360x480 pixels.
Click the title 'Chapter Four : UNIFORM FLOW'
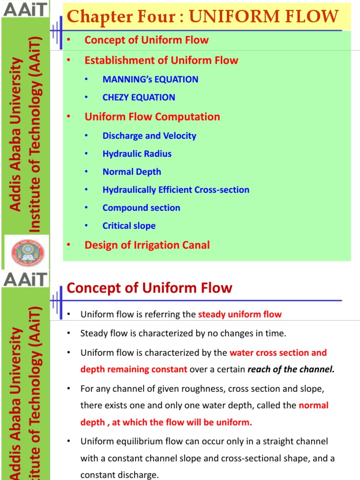(x=202, y=17)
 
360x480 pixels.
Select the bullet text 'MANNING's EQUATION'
(x=150, y=79)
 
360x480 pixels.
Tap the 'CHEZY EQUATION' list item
(x=139, y=97)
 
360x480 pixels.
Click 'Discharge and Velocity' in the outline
(x=149, y=136)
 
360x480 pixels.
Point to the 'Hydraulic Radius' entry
(x=137, y=154)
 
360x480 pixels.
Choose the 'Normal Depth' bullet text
(x=132, y=172)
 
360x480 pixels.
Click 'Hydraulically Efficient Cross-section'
(x=176, y=190)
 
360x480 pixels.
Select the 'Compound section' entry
(x=141, y=208)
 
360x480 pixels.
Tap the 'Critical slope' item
(x=129, y=226)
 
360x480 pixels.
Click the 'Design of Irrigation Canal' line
(x=147, y=245)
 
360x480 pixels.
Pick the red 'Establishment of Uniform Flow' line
(x=161, y=60)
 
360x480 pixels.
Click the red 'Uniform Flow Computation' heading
(x=152, y=117)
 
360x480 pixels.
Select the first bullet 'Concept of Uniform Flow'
(x=146, y=40)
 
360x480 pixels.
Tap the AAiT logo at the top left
(x=25, y=8)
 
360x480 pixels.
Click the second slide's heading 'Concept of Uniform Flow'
(x=149, y=288)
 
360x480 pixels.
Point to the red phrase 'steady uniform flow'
(x=240, y=315)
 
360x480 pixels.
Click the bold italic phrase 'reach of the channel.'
(x=291, y=369)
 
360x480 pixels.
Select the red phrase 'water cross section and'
(x=278, y=353)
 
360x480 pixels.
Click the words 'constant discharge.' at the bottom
(x=120, y=475)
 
